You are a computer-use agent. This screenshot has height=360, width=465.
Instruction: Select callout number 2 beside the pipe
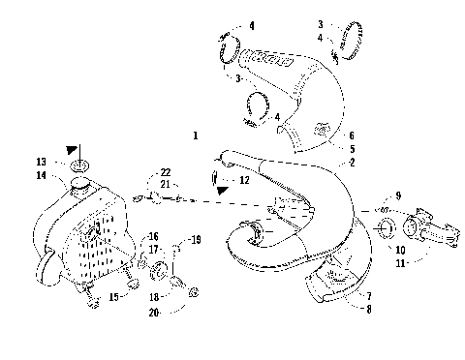point(351,163)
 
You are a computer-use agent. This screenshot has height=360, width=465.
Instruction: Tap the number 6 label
point(351,137)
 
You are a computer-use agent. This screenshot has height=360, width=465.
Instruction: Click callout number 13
point(42,162)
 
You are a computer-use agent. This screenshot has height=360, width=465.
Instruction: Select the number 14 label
point(42,175)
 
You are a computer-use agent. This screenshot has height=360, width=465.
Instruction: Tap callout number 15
point(112,297)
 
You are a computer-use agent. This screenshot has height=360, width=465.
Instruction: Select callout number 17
point(152,249)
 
